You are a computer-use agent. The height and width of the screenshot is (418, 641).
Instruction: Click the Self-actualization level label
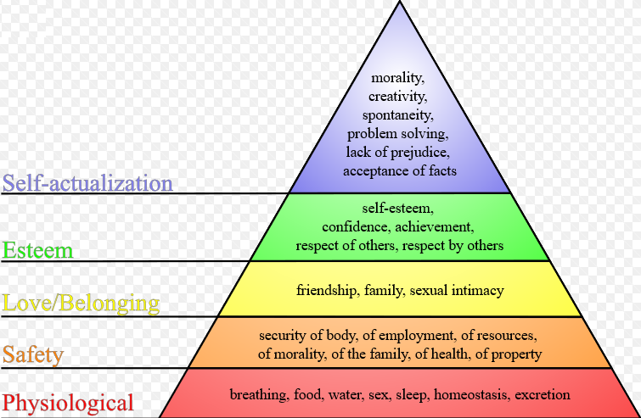[x=87, y=183]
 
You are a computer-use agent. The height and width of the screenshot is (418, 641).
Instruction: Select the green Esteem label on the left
[x=37, y=250]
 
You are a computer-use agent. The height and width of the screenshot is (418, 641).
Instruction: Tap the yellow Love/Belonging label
[x=81, y=304]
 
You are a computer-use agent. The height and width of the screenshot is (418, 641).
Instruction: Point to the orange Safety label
[x=33, y=354]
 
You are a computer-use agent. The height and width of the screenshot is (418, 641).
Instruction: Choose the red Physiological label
[x=68, y=403]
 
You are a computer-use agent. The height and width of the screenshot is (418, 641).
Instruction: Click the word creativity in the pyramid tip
[x=398, y=97]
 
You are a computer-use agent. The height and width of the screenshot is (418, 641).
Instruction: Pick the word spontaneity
[x=398, y=115]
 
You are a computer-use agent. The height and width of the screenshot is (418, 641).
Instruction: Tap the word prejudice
[x=420, y=153]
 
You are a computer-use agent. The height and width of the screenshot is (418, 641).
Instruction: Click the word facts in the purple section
[x=442, y=170]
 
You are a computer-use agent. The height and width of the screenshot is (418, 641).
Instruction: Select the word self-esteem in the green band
[x=398, y=209]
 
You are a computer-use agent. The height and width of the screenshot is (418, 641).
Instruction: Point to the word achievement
[x=435, y=226]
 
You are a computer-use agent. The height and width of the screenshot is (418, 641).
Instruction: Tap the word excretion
[x=543, y=395]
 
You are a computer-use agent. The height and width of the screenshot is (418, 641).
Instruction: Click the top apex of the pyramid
[x=400, y=1]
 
